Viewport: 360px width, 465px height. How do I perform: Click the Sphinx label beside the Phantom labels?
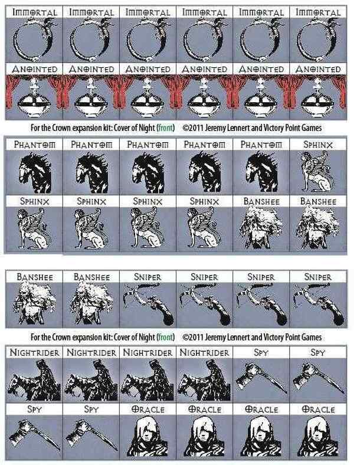(x=318, y=145)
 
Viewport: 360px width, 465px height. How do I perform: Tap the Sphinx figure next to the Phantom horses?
(x=318, y=171)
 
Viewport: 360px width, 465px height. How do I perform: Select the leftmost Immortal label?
(x=34, y=12)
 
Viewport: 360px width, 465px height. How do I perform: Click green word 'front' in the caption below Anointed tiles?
(x=165, y=128)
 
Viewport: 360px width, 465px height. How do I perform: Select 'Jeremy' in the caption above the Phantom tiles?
(x=217, y=128)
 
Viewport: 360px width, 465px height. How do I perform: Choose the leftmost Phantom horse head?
(x=35, y=172)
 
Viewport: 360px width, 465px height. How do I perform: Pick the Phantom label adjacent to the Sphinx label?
(x=261, y=145)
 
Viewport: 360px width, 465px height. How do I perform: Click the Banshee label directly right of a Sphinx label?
(x=261, y=201)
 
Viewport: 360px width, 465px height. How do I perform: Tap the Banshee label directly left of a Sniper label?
(x=91, y=277)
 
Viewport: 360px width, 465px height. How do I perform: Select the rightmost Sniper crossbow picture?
(x=318, y=304)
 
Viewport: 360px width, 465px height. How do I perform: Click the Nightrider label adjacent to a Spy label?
(x=204, y=353)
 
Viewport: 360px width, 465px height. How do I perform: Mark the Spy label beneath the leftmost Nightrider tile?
(x=34, y=410)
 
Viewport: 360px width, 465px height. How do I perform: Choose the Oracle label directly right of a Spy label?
(x=148, y=410)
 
